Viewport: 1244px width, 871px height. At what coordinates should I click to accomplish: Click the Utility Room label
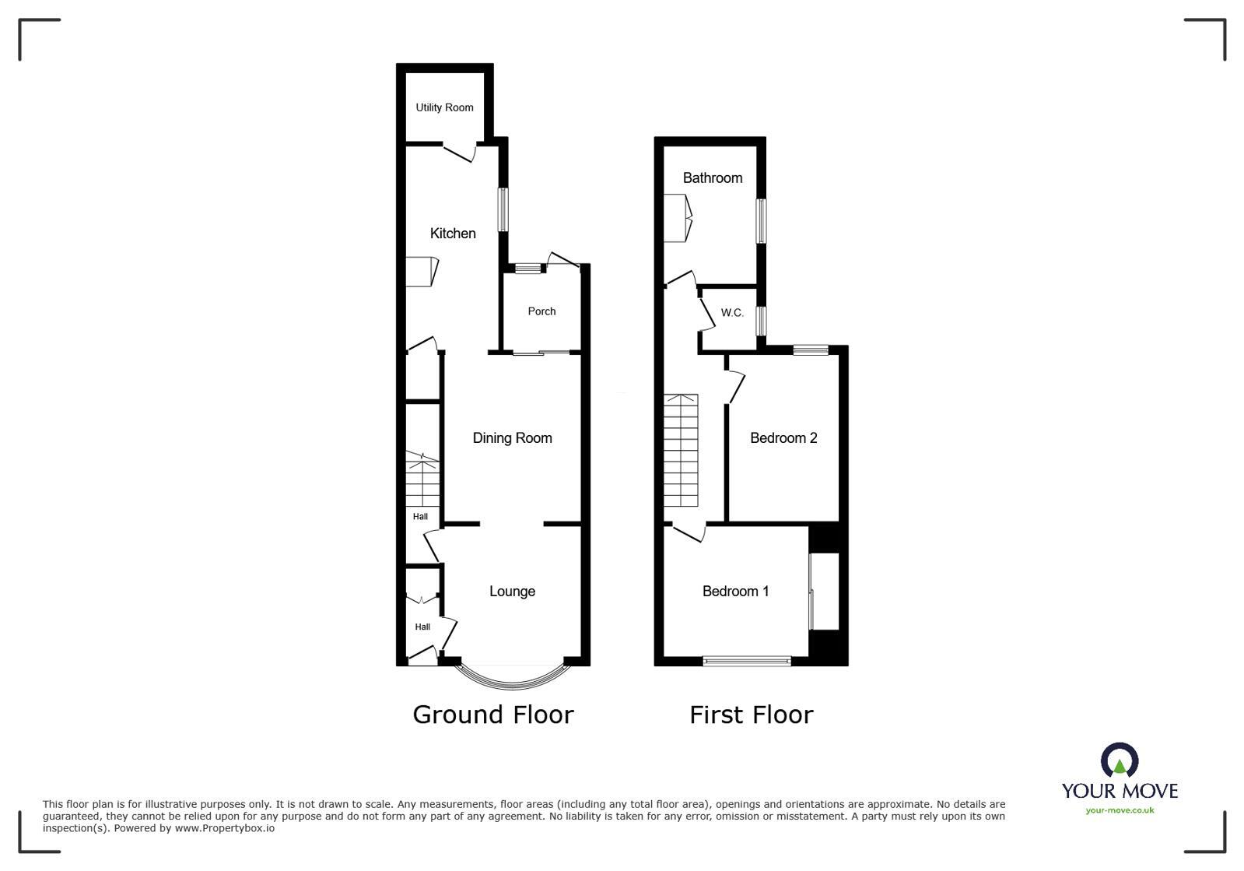pos(444,107)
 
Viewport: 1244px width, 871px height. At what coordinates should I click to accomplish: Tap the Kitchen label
pos(453,233)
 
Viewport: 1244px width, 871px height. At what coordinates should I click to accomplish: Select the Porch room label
pos(541,311)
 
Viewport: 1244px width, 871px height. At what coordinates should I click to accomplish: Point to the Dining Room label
pos(512,438)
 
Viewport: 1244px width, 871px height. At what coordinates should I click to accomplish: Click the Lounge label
pos(512,592)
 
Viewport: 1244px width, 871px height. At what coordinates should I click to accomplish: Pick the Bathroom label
pos(712,177)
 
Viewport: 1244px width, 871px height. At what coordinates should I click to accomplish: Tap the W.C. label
pos(732,313)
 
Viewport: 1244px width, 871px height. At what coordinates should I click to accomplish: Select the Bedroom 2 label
pos(783,438)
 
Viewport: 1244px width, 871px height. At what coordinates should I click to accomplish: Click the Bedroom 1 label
pos(735,592)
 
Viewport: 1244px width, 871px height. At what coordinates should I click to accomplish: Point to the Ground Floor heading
pos(492,715)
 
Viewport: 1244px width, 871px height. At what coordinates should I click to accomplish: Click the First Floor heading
pos(751,715)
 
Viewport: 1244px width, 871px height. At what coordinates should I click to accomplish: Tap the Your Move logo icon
pos(1120,760)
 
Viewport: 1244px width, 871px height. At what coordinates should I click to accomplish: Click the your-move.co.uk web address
pos(1120,810)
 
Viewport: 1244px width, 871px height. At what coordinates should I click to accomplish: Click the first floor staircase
pos(682,450)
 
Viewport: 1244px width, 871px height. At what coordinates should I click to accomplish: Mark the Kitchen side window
pos(503,209)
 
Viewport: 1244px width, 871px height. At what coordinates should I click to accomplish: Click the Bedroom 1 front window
pos(746,662)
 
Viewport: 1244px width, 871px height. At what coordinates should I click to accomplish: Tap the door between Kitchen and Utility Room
pos(459,151)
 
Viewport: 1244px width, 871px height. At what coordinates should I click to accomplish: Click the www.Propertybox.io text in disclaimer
pos(224,828)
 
